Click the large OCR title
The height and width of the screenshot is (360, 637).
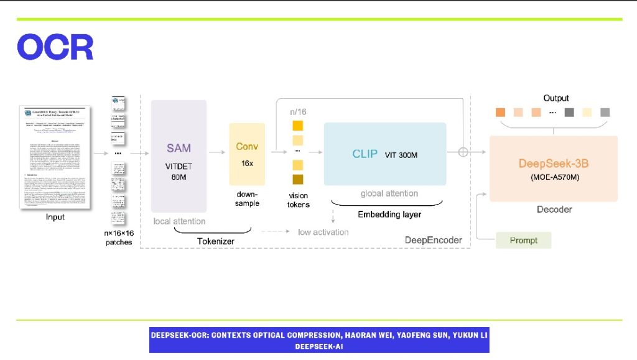coord(55,47)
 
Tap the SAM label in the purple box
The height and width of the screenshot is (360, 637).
coord(179,149)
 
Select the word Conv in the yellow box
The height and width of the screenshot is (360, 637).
coord(247,147)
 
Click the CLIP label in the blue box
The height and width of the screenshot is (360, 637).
coord(365,154)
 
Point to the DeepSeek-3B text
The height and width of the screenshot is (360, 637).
coord(554,164)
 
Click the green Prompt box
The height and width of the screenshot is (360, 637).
coord(523,241)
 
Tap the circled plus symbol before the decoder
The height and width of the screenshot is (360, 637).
coord(463,152)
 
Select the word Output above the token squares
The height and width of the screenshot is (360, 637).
coord(556,98)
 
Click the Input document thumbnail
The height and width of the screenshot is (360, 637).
coord(55,157)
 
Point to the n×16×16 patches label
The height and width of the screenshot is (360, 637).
coord(119,238)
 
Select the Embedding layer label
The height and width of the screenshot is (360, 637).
coord(389,215)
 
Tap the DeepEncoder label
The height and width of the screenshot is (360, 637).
coord(434,240)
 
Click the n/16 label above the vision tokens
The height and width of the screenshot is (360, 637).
coord(298,112)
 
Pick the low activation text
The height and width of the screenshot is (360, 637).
coord(323,232)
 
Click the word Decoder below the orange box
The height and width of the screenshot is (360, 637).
coord(554,210)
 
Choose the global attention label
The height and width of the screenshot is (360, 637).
coord(389,194)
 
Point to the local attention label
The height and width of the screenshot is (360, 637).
coord(179,221)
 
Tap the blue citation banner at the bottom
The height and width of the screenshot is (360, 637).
coord(319,340)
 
